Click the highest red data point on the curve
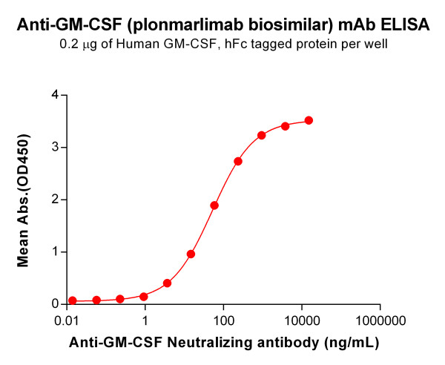pyautogui.click(x=309, y=120)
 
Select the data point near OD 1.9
pyautogui.click(x=214, y=205)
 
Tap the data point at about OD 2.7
pyautogui.click(x=238, y=161)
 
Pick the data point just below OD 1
pyautogui.click(x=191, y=254)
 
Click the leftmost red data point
pyautogui.click(x=73, y=300)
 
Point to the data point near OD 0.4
pyautogui.click(x=168, y=283)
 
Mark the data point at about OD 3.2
pyautogui.click(x=262, y=135)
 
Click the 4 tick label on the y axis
pyautogui.click(x=54, y=95)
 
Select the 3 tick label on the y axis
pyautogui.click(x=54, y=147)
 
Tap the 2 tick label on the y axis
pyautogui.click(x=54, y=200)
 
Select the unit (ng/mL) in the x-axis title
pyautogui.click(x=352, y=343)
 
